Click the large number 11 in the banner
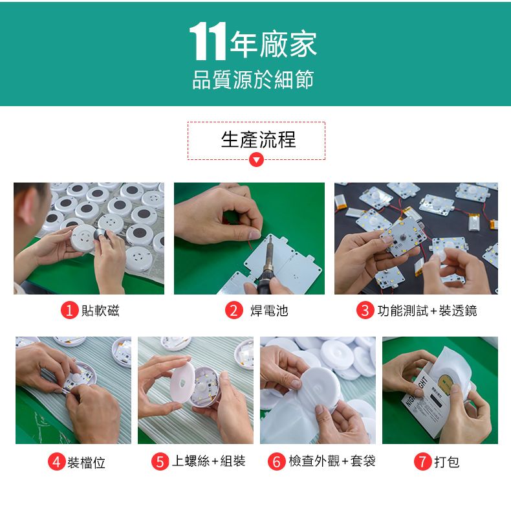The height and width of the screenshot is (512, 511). [208, 41]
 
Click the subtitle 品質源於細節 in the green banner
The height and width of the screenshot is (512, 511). [253, 80]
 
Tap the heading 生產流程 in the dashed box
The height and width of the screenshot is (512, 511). [258, 139]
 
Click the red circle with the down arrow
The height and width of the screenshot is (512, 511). [256, 160]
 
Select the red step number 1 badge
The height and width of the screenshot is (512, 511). [69, 310]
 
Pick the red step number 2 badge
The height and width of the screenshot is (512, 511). [234, 310]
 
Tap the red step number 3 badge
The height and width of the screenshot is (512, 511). [365, 310]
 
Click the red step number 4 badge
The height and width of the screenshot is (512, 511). [57, 462]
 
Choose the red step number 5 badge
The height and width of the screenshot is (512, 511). [160, 462]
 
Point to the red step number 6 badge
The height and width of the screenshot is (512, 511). [277, 462]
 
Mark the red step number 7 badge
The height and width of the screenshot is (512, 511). [423, 462]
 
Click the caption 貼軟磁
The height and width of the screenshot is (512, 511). [100, 311]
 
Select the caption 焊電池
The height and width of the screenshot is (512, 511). [269, 311]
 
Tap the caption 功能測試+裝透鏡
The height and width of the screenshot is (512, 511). [427, 311]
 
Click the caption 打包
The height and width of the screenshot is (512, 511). [447, 462]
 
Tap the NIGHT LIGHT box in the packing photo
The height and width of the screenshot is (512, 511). [425, 405]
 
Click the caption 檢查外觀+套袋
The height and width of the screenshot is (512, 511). [332, 462]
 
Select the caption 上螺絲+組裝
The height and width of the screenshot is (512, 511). [208, 462]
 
